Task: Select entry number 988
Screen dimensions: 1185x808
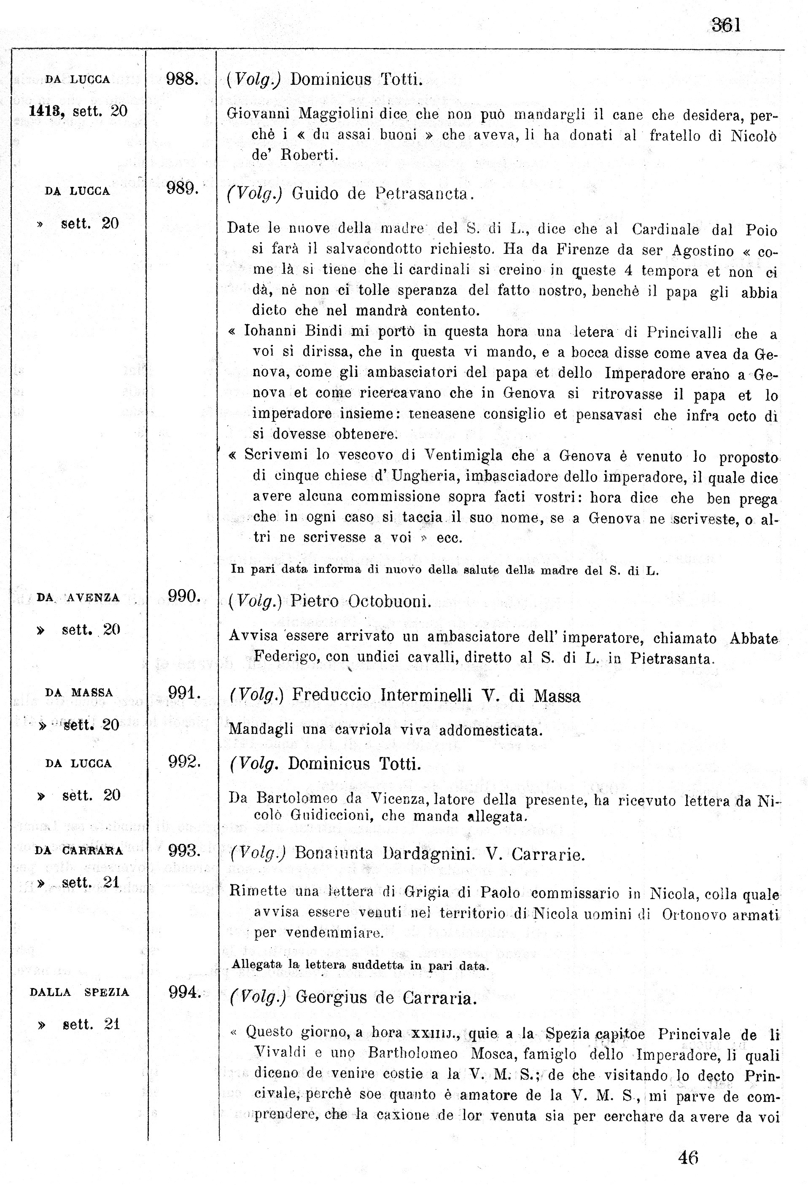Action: click(x=182, y=79)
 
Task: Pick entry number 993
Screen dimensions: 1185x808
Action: click(x=184, y=850)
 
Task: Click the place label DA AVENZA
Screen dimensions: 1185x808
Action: click(x=78, y=598)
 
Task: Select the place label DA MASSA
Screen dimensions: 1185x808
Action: click(x=79, y=692)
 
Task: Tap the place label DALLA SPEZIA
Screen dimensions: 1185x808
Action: click(x=80, y=992)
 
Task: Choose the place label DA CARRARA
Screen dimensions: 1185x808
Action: click(x=79, y=851)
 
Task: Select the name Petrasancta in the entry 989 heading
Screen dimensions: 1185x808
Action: click(x=422, y=194)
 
